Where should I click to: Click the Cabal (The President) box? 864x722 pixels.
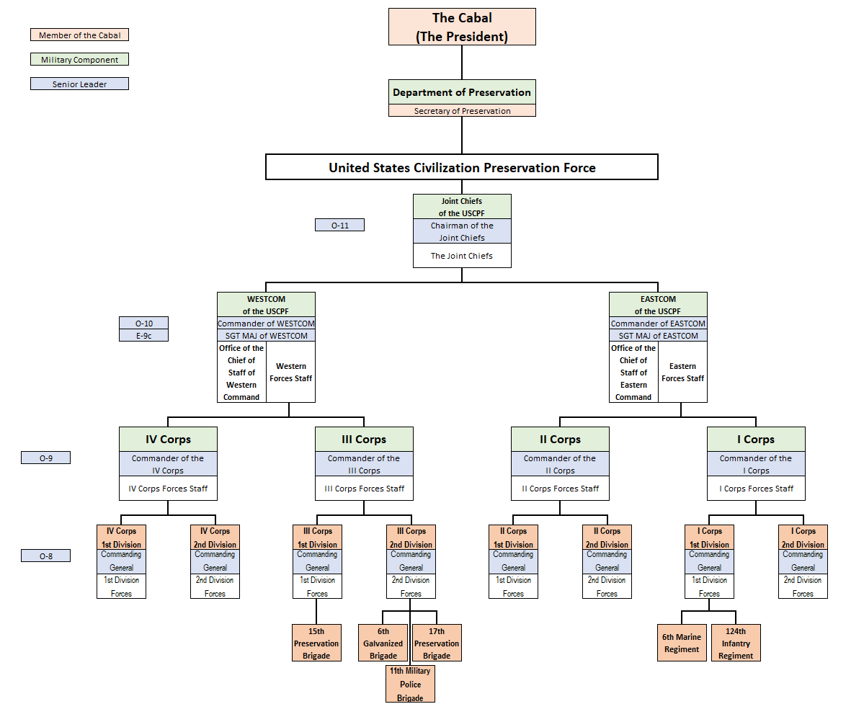tap(462, 27)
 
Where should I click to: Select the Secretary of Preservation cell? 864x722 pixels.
tap(462, 111)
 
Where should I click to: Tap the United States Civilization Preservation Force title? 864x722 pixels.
tap(462, 167)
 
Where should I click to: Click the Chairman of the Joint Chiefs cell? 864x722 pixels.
tap(462, 231)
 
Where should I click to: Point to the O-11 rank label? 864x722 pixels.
tap(339, 226)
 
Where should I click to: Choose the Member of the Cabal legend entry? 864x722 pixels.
tap(79, 35)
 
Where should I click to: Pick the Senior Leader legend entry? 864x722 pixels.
tap(79, 84)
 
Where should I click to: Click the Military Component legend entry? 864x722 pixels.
tap(79, 60)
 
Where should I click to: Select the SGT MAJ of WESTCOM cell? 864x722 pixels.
tap(266, 336)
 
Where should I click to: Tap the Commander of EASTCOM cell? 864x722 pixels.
tap(658, 324)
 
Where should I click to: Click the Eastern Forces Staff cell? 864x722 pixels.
tap(682, 373)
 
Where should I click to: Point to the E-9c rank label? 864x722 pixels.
tap(143, 336)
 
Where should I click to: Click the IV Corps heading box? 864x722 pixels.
tap(168, 440)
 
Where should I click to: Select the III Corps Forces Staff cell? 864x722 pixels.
tap(364, 489)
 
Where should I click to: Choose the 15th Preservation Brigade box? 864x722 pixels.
tap(316, 643)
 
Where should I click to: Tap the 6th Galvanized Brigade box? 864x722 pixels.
tap(383, 643)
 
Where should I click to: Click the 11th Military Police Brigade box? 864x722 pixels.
tap(410, 684)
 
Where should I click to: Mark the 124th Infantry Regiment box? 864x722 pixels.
tap(736, 643)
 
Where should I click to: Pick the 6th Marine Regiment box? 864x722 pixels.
tap(682, 643)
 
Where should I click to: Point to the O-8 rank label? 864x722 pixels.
tap(45, 556)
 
